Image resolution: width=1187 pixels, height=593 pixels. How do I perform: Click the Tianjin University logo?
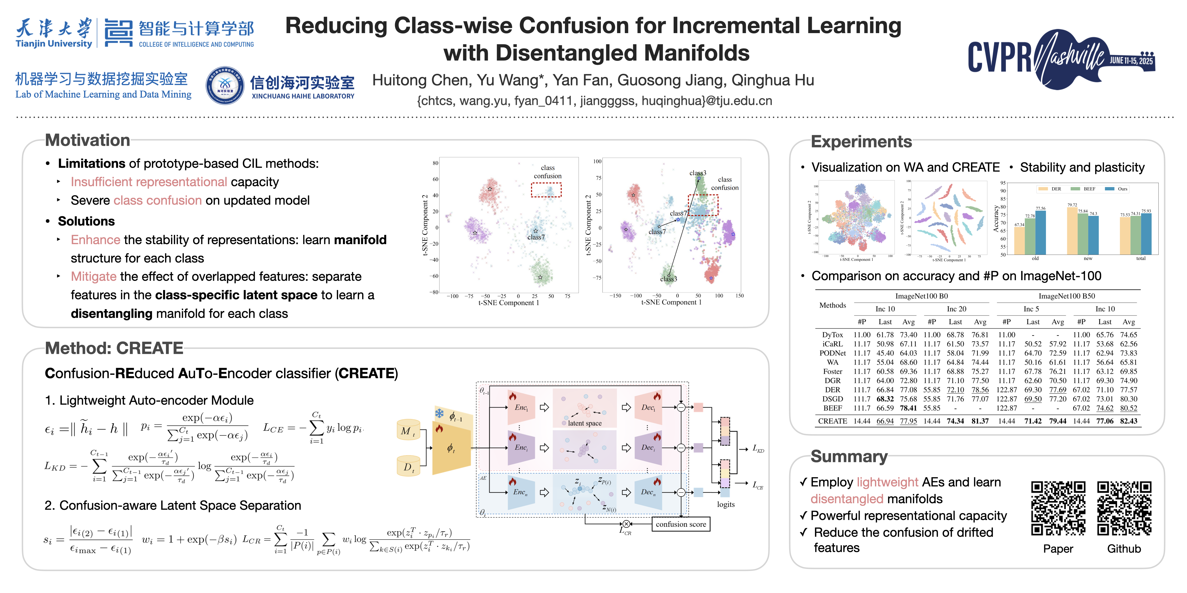click(x=54, y=33)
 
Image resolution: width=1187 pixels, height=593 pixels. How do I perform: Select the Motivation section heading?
click(x=87, y=140)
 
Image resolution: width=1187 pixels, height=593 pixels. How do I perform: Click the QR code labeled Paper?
click(x=1058, y=508)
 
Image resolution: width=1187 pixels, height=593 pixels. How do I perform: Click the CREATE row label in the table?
click(x=832, y=421)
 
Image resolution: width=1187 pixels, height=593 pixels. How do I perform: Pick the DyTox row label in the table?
click(x=832, y=335)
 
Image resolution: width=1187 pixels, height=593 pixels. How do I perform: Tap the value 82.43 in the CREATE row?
click(x=1128, y=421)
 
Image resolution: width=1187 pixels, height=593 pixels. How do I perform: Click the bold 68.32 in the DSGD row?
click(x=885, y=399)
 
